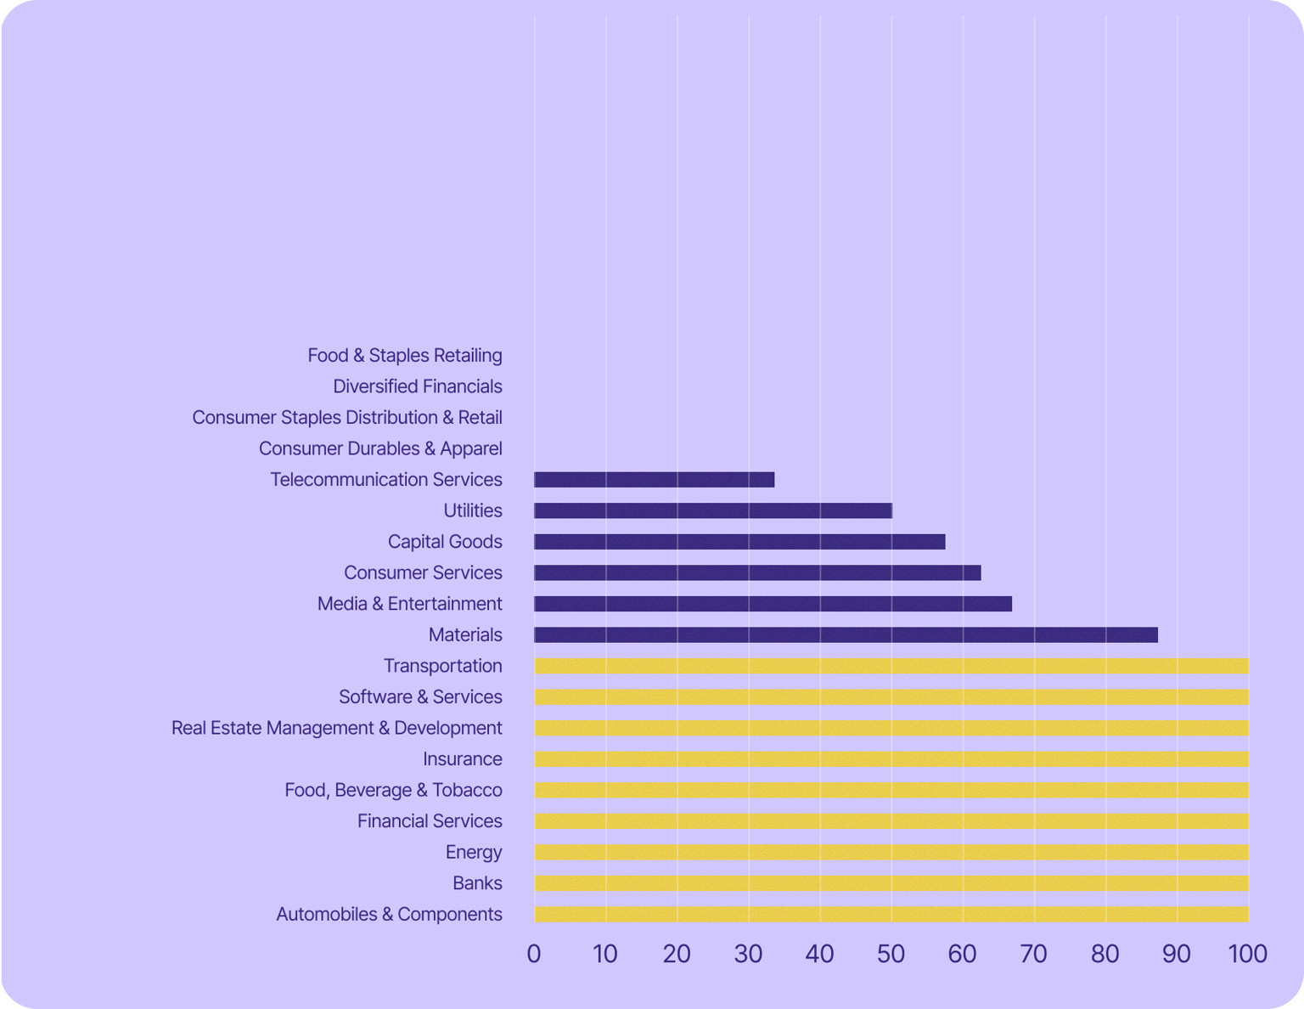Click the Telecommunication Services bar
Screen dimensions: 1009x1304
pyautogui.click(x=654, y=480)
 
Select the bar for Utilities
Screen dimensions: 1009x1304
pyautogui.click(x=713, y=510)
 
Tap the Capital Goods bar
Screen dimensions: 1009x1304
pyautogui.click(x=739, y=542)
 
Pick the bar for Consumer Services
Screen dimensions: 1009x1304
pyautogui.click(x=757, y=573)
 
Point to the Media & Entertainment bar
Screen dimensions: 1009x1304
pyautogui.click(x=773, y=604)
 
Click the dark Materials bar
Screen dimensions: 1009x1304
pyautogui.click(x=846, y=635)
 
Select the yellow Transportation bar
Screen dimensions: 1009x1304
pyautogui.click(x=891, y=666)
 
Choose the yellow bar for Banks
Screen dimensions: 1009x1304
pyautogui.click(x=891, y=883)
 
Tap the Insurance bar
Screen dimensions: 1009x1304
pyautogui.click(x=891, y=759)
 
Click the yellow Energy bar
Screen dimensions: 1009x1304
pyautogui.click(x=891, y=853)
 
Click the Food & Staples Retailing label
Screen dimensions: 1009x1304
pyautogui.click(x=404, y=355)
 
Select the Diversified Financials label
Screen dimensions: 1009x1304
pyautogui.click(x=417, y=386)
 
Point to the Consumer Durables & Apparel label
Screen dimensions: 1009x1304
pyautogui.click(x=380, y=448)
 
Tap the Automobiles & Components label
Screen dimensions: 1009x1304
pyautogui.click(x=389, y=915)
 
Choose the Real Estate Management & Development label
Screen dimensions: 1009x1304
pyautogui.click(x=336, y=728)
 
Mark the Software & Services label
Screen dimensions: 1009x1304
pyautogui.click(x=420, y=697)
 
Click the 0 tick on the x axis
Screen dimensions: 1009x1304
pyautogui.click(x=534, y=954)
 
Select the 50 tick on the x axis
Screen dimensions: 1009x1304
pyautogui.click(x=891, y=954)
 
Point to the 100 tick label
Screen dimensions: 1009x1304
pyautogui.click(x=1248, y=954)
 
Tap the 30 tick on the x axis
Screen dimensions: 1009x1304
pyautogui.click(x=748, y=954)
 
